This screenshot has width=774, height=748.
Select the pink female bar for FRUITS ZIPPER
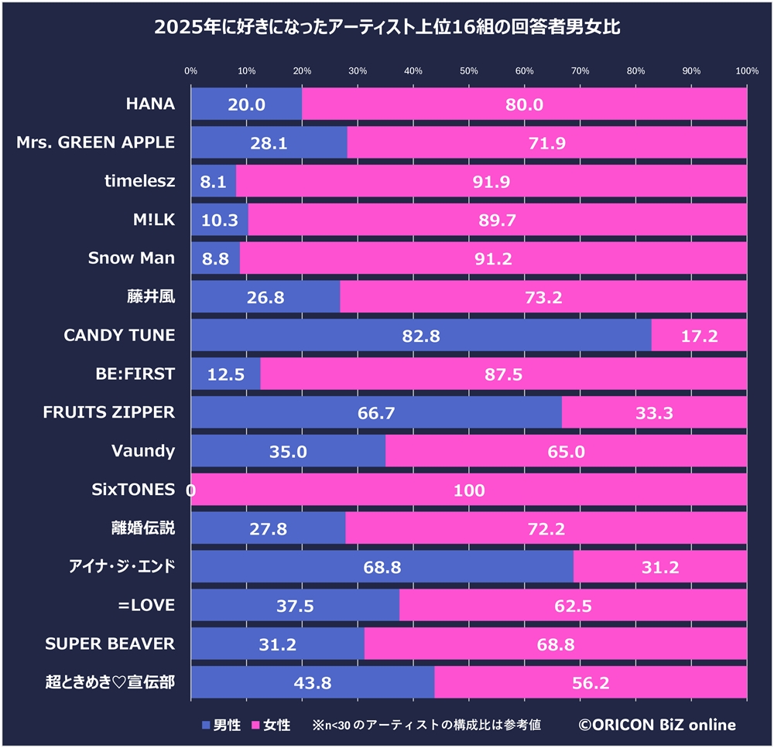coord(654,413)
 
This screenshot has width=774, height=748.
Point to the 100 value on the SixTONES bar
coord(469,490)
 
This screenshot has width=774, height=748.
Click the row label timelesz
coord(140,181)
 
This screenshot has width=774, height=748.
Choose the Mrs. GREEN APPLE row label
coord(96,142)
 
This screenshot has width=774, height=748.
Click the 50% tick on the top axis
coord(469,71)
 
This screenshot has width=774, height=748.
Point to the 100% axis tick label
coord(746,71)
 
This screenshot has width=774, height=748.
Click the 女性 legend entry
coord(270,725)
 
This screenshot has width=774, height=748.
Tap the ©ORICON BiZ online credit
coord(657,725)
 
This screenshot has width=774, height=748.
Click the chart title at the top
coord(387,29)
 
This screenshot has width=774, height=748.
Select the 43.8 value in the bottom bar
coord(313,683)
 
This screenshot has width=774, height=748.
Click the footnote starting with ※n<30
coord(426,725)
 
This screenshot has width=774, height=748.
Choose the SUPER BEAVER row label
coord(110,644)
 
